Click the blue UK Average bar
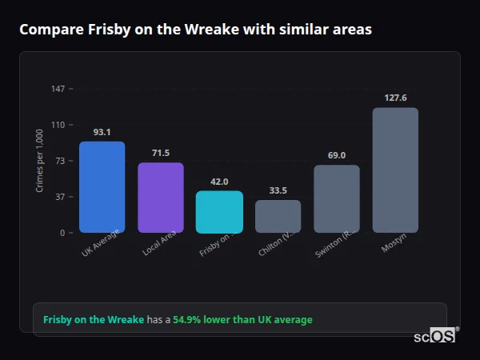coord(102,187)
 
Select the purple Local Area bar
coord(161,198)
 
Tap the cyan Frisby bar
coord(219,212)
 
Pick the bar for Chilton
coord(278,216)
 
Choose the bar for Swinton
coord(336,199)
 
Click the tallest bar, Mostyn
coord(395,170)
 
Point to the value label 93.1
coord(102,132)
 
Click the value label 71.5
coord(161,153)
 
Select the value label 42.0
coord(219,182)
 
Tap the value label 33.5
coord(278,190)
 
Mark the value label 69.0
coord(336,155)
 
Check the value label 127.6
coord(395,98)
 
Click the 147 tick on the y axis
coord(58,88)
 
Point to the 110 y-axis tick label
coord(58,125)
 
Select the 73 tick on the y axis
coord(60,161)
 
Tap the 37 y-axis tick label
coord(60,197)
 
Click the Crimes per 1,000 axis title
coord(40,161)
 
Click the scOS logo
coord(434,336)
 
